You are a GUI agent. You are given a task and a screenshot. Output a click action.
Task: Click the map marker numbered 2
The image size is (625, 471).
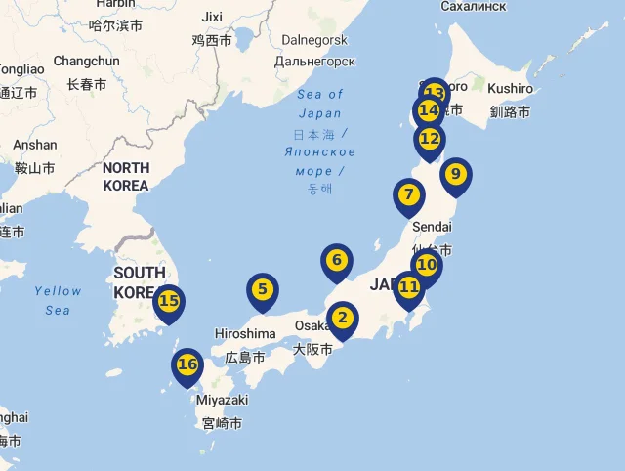343,318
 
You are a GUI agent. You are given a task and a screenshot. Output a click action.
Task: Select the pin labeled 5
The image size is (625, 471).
262,289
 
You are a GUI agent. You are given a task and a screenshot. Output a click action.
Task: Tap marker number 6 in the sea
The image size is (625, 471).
336,260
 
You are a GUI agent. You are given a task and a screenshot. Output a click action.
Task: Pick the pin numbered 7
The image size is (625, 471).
409,194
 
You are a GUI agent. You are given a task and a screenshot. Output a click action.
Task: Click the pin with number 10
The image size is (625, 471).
427,265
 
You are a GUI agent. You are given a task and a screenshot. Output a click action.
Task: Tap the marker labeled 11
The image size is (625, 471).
408,287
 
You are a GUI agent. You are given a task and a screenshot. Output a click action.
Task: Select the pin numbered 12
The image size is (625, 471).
430,139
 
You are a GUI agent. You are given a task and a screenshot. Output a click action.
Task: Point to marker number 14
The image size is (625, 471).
427,110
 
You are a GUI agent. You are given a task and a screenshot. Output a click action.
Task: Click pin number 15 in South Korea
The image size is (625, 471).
169,301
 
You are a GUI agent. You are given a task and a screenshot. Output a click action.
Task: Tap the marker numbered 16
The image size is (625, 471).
187,365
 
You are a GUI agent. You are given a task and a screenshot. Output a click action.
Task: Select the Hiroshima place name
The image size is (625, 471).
244,334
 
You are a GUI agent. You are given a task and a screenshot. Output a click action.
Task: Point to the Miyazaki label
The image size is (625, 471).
222,401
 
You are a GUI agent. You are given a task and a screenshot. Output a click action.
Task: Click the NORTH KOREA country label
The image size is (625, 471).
126,177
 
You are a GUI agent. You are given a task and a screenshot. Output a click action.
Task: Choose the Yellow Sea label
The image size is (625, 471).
58,300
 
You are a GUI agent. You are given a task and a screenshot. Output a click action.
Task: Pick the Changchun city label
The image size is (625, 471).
86,61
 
